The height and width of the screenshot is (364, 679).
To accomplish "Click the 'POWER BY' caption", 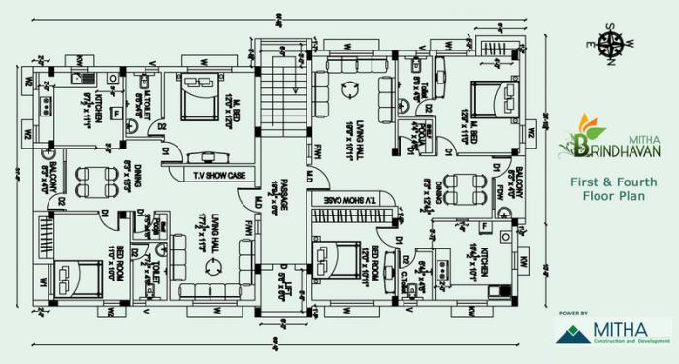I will point(573,314).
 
